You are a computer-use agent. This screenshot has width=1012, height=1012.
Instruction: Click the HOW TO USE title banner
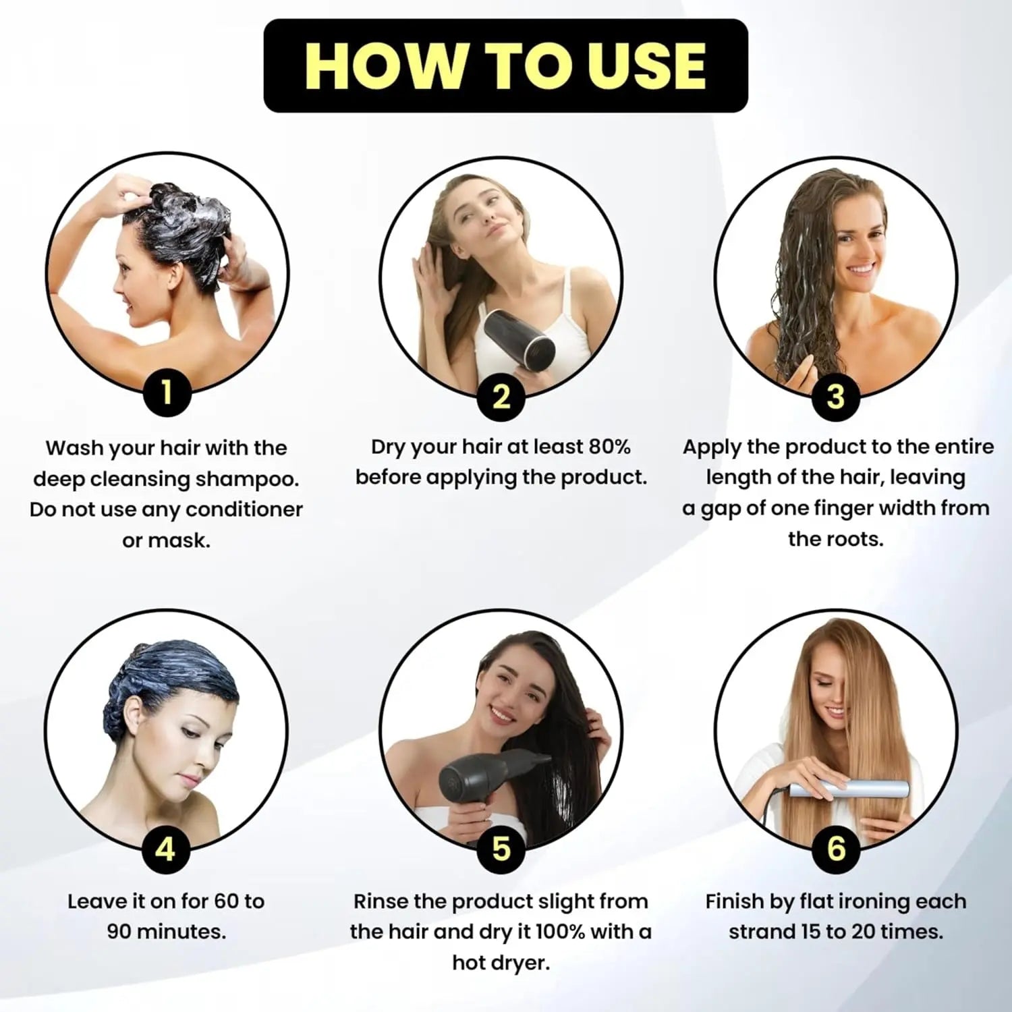[505, 65]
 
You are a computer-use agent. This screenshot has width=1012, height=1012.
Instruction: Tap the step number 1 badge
[167, 392]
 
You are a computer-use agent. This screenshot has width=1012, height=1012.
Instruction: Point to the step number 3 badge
[836, 397]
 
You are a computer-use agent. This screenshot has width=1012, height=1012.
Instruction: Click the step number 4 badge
[166, 849]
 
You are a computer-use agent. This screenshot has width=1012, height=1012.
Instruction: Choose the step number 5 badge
[501, 849]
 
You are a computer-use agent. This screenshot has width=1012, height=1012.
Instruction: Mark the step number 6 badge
[837, 849]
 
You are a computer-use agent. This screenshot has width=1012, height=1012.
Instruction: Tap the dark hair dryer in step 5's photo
[486, 783]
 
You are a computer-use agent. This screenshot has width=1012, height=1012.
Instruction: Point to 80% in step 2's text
[609, 447]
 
